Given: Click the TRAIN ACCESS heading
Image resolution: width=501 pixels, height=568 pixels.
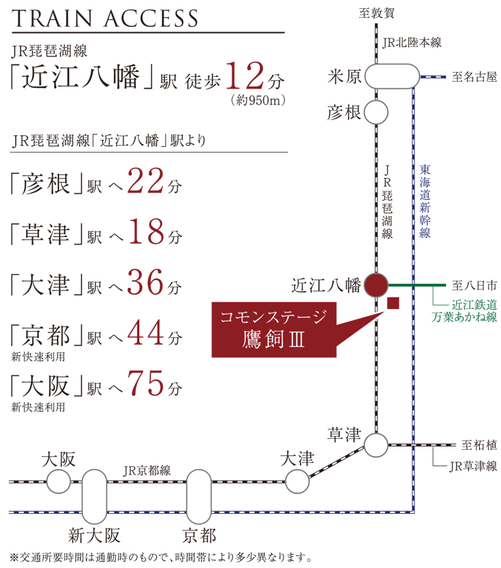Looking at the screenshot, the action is [x=105, y=18].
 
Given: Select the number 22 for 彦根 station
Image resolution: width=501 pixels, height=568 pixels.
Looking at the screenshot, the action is [x=145, y=181].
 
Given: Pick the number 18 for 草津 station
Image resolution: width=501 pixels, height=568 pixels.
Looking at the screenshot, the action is [x=146, y=231].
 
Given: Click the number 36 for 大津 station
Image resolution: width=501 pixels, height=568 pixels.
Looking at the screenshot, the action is [x=145, y=282].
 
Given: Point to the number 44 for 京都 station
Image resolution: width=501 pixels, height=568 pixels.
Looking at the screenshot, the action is [x=145, y=333].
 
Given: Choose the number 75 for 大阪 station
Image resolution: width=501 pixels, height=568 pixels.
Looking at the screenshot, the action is [x=145, y=384].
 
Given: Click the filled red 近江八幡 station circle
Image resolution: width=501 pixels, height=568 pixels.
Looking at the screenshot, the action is [x=376, y=285].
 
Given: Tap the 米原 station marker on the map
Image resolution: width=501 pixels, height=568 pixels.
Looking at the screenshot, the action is [x=392, y=76].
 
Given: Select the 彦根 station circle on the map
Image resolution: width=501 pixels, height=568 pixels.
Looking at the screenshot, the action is [x=376, y=113].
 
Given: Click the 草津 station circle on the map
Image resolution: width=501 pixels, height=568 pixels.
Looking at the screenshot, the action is [x=376, y=445].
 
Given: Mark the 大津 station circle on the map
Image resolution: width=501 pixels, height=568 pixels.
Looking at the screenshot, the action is [x=297, y=481].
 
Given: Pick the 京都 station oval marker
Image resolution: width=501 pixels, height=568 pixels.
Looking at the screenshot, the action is [x=199, y=497].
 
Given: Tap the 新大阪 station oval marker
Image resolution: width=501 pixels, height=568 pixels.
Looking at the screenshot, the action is [x=95, y=497].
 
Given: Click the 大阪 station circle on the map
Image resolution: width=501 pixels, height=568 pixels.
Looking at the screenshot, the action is [x=58, y=481].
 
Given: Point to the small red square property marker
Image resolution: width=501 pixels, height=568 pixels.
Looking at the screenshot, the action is [x=393, y=303].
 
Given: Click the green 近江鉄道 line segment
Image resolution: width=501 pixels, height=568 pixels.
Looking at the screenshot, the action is [x=417, y=286].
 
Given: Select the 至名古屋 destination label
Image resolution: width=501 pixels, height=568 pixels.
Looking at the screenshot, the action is [x=474, y=77].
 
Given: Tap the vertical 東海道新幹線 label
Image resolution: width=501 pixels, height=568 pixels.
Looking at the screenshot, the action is [x=425, y=201].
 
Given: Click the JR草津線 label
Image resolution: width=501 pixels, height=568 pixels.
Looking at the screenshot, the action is [x=473, y=466].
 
